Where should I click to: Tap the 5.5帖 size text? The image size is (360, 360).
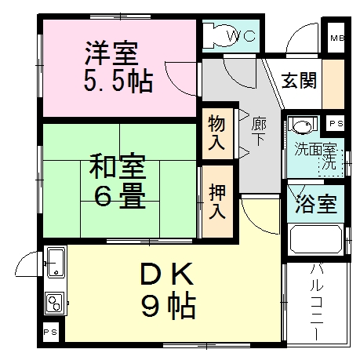[118, 80]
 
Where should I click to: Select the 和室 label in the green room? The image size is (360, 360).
[115, 166]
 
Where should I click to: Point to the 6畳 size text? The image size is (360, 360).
[120, 196]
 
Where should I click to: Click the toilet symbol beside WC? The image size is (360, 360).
[212, 36]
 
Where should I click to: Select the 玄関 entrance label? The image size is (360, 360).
[300, 81]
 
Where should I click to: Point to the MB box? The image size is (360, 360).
[336, 38]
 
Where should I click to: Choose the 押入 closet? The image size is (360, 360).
[217, 201]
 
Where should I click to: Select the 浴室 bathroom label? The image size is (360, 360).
[316, 204]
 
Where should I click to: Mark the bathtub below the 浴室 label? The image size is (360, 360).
[315, 240]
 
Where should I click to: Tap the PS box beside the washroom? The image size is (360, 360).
[336, 124]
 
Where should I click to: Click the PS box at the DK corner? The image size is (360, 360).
[50, 332]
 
